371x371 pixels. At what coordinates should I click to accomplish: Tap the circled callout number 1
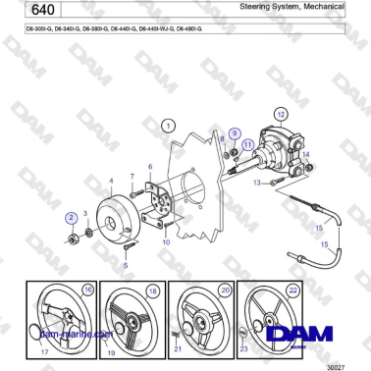coord(169,126)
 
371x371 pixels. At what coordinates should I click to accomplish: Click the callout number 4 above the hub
coord(111,181)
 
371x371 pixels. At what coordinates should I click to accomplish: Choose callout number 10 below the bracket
coord(168,240)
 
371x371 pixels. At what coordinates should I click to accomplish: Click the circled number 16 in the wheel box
coord(87,291)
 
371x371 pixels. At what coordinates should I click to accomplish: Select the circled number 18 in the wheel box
coord(152,291)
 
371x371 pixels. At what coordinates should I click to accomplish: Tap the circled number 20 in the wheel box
coord(225,291)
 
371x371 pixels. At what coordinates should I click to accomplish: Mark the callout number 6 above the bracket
coord(150,167)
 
